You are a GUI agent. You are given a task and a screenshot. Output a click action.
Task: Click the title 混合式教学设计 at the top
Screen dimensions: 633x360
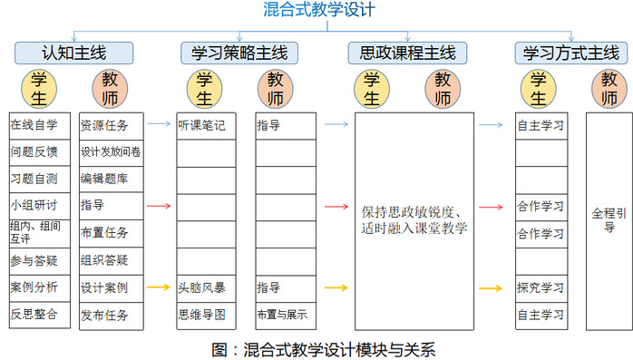(x=319, y=10)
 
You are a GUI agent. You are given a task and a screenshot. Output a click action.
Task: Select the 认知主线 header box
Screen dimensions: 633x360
(x=73, y=53)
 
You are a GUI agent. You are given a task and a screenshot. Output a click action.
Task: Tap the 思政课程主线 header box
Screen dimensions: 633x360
(x=407, y=53)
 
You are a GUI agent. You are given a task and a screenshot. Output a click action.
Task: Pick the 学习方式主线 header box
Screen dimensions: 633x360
(x=570, y=53)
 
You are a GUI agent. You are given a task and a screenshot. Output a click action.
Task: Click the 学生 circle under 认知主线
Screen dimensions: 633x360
(x=39, y=89)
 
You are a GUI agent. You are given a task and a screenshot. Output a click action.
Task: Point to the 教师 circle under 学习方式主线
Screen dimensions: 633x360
(x=609, y=89)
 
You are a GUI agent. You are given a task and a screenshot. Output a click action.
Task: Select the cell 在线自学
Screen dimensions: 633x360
(x=40, y=126)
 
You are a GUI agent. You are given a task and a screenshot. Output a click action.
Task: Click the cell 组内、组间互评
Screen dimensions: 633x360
(x=40, y=234)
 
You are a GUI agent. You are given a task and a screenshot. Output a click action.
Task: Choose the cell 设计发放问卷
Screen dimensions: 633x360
(x=112, y=153)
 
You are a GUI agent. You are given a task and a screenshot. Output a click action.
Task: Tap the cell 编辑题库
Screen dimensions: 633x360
(x=112, y=180)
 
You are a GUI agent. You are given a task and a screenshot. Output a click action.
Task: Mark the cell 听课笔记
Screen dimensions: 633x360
(x=206, y=126)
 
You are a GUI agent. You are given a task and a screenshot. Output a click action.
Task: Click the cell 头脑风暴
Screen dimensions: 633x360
(x=206, y=288)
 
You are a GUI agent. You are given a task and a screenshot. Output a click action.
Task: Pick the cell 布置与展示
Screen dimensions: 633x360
(x=286, y=316)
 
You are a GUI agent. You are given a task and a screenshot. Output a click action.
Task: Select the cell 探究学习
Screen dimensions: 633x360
(x=541, y=288)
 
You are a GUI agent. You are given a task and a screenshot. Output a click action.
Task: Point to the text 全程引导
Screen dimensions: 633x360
(x=609, y=220)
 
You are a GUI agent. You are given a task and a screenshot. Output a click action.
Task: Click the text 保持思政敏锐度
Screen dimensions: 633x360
(x=408, y=212)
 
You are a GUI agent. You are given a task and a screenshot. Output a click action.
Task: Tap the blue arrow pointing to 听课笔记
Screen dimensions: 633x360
(x=159, y=123)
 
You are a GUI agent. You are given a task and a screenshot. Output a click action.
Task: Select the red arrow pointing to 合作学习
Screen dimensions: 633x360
(x=491, y=207)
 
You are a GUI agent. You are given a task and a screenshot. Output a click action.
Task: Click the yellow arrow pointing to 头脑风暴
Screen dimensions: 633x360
(x=159, y=287)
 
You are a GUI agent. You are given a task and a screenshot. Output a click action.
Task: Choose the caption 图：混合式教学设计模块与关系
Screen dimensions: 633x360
(x=324, y=349)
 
